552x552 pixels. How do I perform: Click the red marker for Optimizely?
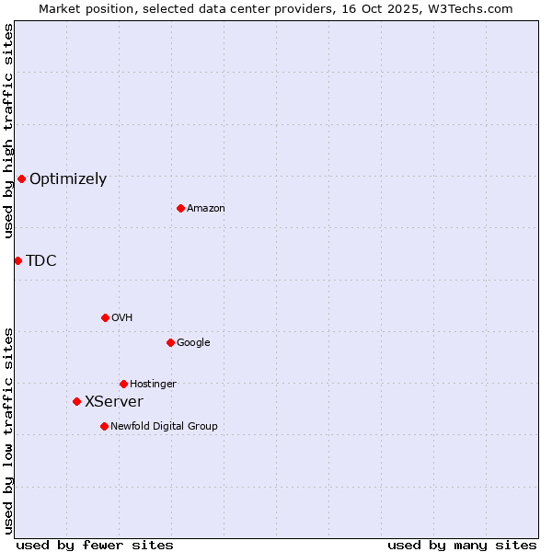coord(21,178)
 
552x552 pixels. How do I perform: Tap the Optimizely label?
coord(68,179)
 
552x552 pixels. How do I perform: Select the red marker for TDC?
coord(17,260)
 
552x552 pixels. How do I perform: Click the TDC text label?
coord(41,261)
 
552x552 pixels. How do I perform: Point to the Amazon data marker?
coord(180,208)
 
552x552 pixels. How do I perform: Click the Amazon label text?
coord(206,209)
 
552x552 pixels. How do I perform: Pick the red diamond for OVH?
coord(105,317)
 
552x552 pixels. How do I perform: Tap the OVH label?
coord(122,318)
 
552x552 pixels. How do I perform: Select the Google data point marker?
coord(170,342)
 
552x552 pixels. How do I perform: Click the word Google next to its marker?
coord(193,343)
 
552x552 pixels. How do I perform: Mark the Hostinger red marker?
coord(123,384)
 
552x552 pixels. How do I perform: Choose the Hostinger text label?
coord(153,385)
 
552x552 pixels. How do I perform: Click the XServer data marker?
coord(76,401)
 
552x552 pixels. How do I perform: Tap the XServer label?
coord(114,402)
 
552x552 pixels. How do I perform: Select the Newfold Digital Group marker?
coord(104,426)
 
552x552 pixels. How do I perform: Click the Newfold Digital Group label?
coord(164,427)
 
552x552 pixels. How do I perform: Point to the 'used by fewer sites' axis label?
coord(95,545)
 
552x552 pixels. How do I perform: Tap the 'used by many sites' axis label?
coord(462,545)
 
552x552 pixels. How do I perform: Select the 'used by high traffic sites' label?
coord(8,131)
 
